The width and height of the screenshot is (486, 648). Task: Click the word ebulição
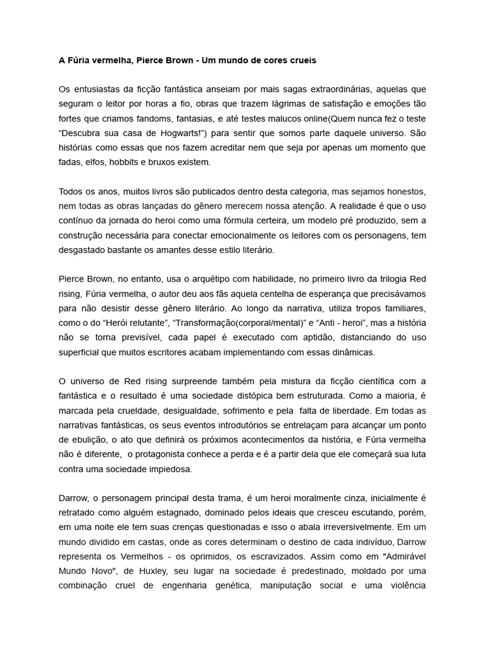(x=78, y=439)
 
